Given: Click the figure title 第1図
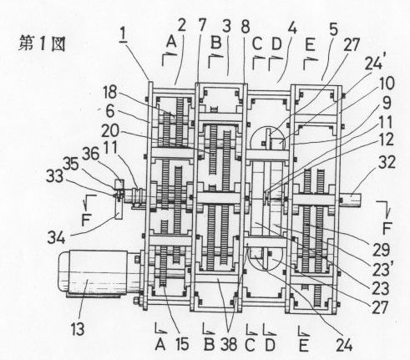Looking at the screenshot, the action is click(43, 44).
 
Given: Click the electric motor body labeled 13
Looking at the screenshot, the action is click(93, 272).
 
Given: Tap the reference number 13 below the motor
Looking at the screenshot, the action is click(78, 329).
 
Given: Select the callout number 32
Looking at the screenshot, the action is click(387, 161).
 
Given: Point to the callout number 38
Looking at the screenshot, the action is click(229, 344).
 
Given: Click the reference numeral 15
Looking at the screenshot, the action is click(182, 344).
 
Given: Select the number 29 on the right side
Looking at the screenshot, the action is click(381, 250).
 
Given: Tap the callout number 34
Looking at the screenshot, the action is click(56, 238).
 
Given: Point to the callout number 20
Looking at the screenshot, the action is click(110, 131).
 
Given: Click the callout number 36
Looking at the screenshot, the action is click(90, 154).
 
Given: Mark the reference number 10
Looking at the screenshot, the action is click(387, 84).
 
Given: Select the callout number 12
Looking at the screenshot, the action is click(386, 139).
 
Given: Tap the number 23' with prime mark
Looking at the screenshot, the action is click(381, 270).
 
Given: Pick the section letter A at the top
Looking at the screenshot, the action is click(172, 43).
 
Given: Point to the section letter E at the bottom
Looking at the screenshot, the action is click(303, 345).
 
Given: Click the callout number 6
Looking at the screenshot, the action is click(110, 112).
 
